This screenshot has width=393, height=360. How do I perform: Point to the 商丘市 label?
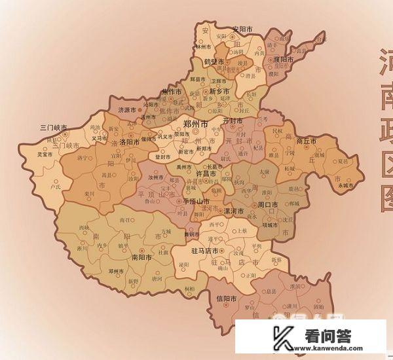click(x=307, y=141)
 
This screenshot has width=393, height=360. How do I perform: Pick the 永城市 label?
click(x=345, y=185)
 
